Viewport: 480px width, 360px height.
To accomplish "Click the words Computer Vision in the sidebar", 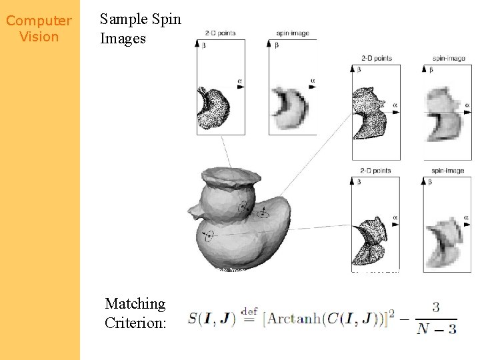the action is pos(39,29).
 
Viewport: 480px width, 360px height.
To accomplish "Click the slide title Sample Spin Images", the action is pos(140,29).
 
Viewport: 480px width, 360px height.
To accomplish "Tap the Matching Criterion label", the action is pos(135,313).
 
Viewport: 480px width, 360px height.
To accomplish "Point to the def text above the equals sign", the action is pos(249,311).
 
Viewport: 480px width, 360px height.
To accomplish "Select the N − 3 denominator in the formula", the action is pos(437,328).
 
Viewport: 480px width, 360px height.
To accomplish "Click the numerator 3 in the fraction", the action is pos(435,307).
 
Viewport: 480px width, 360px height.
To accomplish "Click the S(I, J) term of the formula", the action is pos(211,319).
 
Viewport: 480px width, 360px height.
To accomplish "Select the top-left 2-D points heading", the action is pos(221,33).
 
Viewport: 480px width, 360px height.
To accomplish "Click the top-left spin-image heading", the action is pos(291,33).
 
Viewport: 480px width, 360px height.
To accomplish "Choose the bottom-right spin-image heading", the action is pos(447,171).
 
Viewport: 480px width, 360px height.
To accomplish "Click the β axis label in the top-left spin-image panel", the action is pos(277,45).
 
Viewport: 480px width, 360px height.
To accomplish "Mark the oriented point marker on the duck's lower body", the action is pos(209,235).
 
